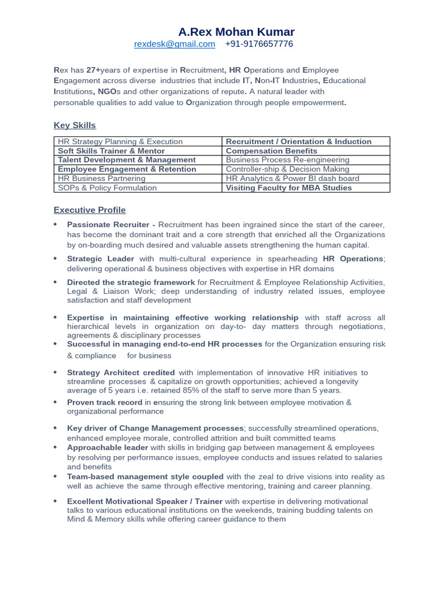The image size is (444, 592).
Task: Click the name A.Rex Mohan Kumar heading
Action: [x=236, y=32]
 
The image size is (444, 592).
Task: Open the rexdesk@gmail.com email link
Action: [x=175, y=44]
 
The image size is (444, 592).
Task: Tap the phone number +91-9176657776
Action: [x=259, y=44]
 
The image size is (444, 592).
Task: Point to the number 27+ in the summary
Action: [x=93, y=70]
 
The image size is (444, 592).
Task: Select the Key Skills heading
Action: [x=75, y=125]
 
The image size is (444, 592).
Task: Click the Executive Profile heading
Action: [x=90, y=210]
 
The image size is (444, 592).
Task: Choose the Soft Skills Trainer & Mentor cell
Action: [x=111, y=151]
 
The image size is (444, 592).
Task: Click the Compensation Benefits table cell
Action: [x=271, y=151]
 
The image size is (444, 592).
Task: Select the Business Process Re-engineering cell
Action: [x=287, y=160]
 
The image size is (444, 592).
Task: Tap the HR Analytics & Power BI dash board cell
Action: [x=292, y=179]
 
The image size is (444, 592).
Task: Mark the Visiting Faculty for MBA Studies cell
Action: [x=288, y=188]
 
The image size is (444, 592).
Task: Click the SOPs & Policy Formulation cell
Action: [x=108, y=188]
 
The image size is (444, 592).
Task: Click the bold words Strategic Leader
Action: [x=101, y=259]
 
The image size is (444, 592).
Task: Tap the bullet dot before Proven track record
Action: [x=55, y=402]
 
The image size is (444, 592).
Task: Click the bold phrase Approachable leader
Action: [x=108, y=447]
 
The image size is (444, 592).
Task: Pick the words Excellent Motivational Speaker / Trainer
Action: [x=145, y=501]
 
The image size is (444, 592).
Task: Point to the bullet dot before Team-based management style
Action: [x=55, y=476]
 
